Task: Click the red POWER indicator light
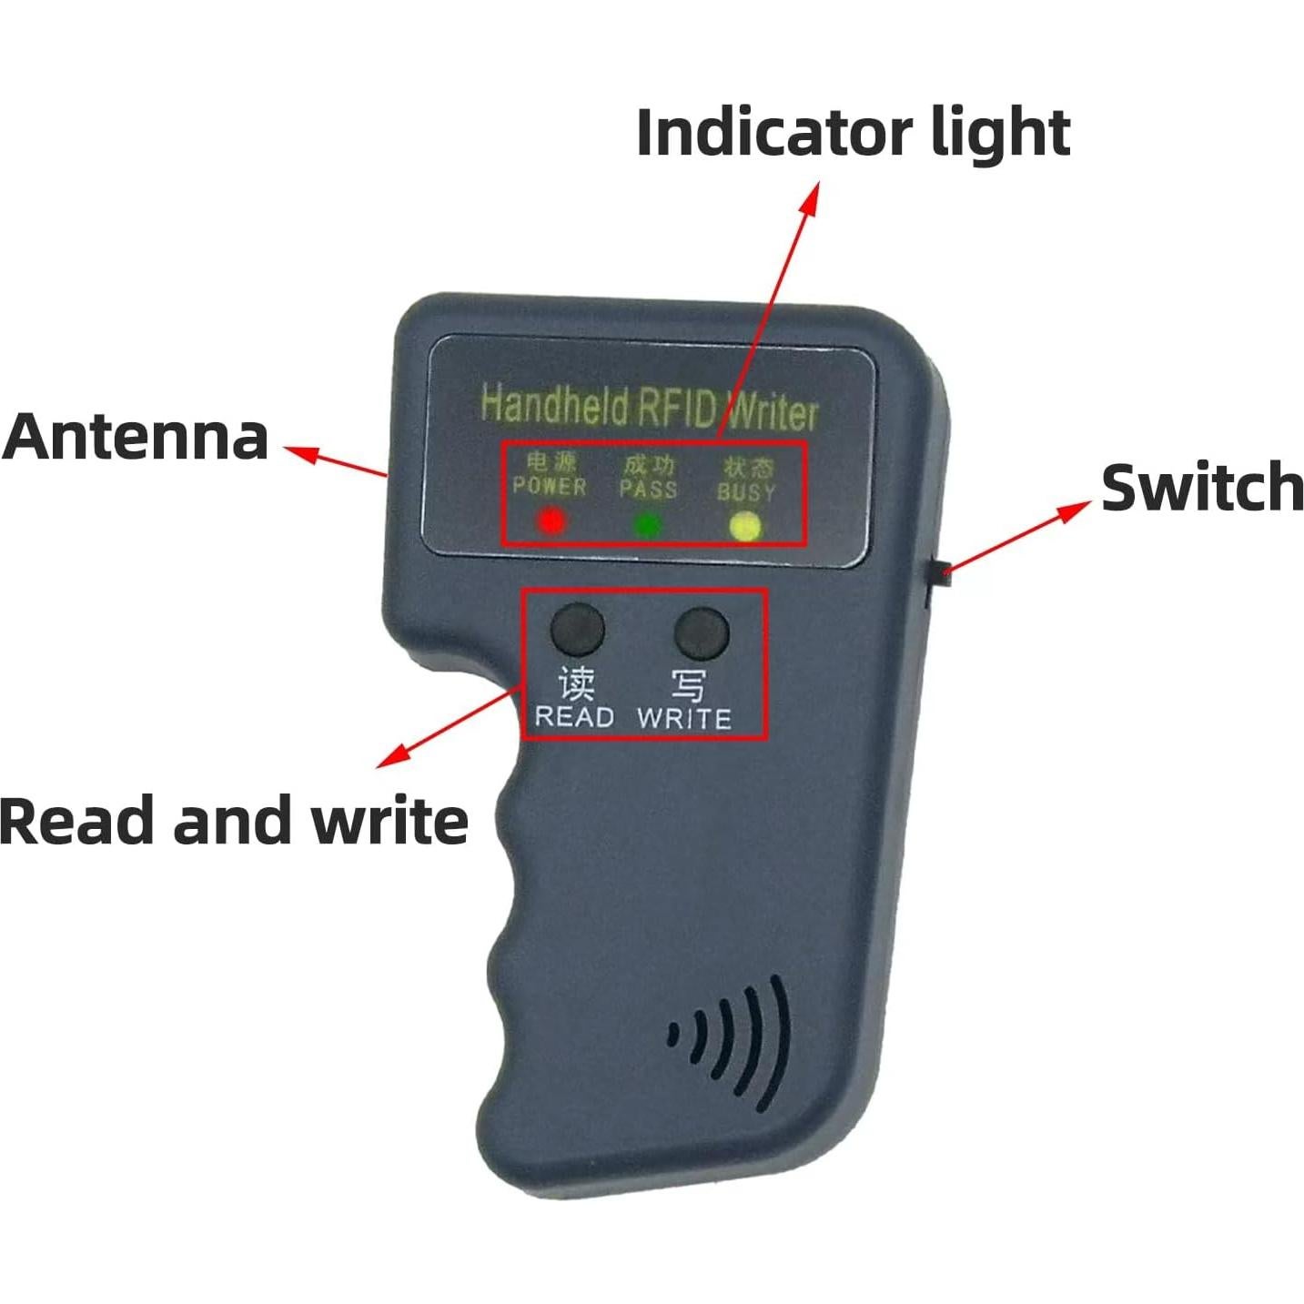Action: [x=551, y=521]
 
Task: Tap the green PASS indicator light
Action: [x=648, y=525]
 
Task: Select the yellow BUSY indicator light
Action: [x=745, y=528]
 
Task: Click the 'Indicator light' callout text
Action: [x=853, y=133]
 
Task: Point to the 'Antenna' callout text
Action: [x=136, y=437]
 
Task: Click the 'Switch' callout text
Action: [x=1201, y=488]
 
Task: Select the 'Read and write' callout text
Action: [x=233, y=821]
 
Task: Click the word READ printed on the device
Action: [x=574, y=717]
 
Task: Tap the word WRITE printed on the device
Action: [x=684, y=719]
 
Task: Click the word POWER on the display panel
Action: [x=550, y=486]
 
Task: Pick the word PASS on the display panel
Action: [x=648, y=490]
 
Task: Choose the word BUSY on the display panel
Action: [x=746, y=493]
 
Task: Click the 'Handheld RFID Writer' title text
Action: [x=649, y=407]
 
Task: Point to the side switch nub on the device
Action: [x=938, y=573]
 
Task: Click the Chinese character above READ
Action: [x=576, y=682]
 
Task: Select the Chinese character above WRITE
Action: [x=688, y=684]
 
